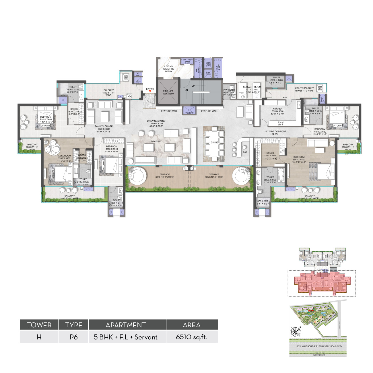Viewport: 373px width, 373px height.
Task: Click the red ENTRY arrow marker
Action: coord(150,92)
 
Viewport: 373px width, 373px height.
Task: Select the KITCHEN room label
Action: coord(277,109)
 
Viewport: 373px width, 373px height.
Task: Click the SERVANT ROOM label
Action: coord(252,87)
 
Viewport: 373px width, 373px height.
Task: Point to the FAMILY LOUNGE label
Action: coord(104,126)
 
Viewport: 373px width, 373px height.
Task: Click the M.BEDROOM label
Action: coord(64,156)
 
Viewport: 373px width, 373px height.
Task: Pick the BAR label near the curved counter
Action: coord(245,152)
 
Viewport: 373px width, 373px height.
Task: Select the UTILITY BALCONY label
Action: coord(304,88)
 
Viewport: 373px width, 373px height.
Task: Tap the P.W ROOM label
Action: coord(229,90)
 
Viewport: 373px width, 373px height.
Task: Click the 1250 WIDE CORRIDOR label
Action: coord(275,132)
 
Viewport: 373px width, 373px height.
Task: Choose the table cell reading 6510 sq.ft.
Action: coord(192,337)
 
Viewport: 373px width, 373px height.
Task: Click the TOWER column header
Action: coord(39,325)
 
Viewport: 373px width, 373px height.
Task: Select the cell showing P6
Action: coord(73,337)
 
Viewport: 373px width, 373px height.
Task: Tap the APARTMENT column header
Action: coord(126,325)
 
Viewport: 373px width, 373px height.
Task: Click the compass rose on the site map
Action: coord(295,332)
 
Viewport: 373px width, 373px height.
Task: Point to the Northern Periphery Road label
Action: coord(318,346)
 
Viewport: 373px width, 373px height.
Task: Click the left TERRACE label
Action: coord(165,174)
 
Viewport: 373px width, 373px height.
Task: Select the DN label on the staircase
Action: coord(186,90)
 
